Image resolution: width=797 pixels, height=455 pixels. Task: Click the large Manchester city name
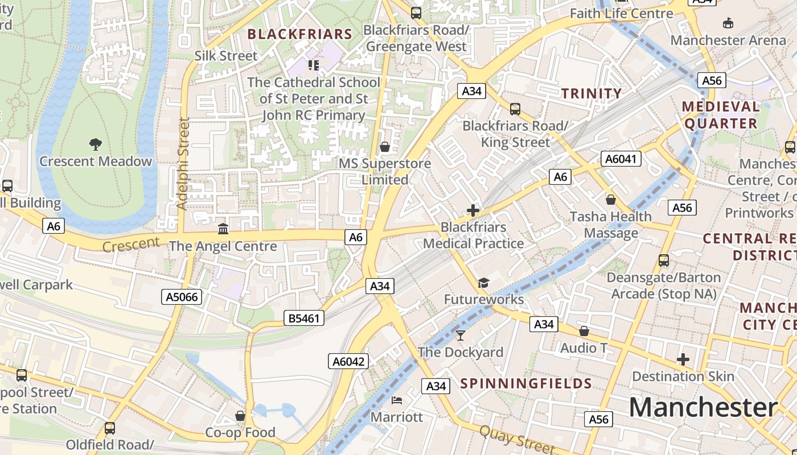point(703,408)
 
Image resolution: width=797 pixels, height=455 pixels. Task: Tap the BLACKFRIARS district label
point(300,34)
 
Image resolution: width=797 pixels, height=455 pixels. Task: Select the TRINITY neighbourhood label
point(591,94)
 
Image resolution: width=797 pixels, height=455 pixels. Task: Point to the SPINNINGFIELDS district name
point(526,383)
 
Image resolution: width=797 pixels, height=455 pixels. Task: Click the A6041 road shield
point(621,159)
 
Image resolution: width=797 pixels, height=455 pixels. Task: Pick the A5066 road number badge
point(182,296)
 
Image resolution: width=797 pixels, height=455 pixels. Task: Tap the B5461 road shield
point(304,318)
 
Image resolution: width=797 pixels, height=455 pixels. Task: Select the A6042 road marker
point(348,361)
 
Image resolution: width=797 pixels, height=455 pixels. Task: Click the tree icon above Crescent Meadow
point(96,144)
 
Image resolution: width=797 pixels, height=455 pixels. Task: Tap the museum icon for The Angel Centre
point(223,229)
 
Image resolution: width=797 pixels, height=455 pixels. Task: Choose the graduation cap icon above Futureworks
point(483,283)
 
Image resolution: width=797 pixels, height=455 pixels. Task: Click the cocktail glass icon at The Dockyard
point(461,336)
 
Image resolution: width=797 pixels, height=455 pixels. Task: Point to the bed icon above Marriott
point(397,400)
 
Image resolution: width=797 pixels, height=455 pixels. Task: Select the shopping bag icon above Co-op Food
point(240,416)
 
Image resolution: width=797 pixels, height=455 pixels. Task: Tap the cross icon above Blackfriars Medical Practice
point(473,210)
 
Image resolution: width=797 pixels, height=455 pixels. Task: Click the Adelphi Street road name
point(183,163)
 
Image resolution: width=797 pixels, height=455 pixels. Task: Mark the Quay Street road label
point(516,439)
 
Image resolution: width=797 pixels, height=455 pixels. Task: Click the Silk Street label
point(226,56)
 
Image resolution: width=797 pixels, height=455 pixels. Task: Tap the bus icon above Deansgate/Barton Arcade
point(663,260)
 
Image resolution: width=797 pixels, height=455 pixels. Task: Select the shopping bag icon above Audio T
point(584,331)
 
